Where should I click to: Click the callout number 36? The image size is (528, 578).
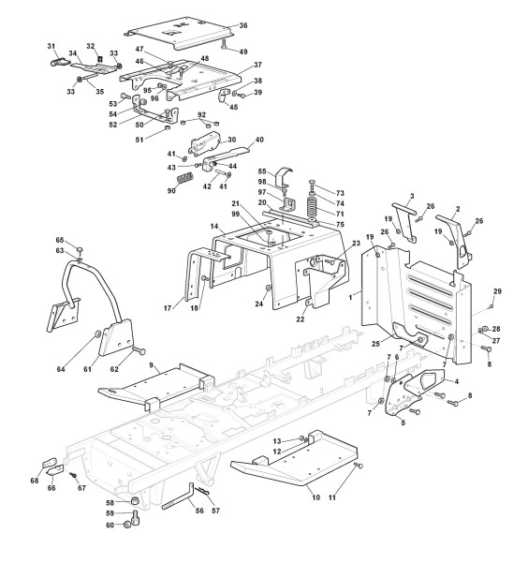(243, 25)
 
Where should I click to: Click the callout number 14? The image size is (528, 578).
(214, 226)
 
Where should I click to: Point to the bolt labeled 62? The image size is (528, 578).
(139, 350)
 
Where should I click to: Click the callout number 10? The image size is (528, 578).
(315, 497)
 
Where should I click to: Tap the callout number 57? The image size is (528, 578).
(215, 511)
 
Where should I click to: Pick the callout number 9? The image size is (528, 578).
(151, 365)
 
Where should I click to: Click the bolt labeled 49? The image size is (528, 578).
(224, 44)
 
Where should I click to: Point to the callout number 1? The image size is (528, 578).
(350, 296)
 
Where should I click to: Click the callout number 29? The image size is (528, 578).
(497, 291)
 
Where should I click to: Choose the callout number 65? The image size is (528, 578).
(60, 240)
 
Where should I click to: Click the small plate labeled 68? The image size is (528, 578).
(49, 463)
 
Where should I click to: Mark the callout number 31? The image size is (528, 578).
(51, 46)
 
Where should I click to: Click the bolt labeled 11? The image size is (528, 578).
(359, 466)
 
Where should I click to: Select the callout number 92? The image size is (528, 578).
(201, 114)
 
